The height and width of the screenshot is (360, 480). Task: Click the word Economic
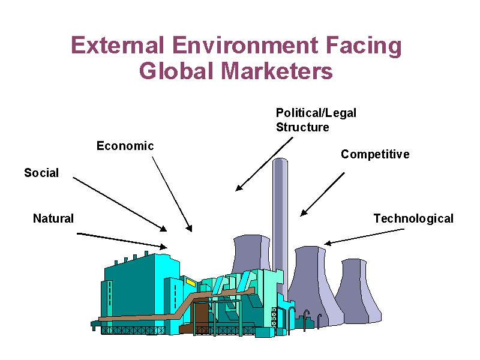(125, 146)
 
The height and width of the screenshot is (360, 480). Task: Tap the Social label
(41, 173)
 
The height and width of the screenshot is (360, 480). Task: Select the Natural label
(53, 218)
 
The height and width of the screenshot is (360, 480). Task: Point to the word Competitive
(375, 155)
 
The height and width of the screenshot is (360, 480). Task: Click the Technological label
(413, 219)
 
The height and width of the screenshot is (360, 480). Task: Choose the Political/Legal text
(316, 113)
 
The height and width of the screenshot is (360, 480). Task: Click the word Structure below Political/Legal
(302, 127)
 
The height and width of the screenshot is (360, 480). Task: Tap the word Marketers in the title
(277, 71)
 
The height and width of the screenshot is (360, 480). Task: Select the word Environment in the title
(245, 45)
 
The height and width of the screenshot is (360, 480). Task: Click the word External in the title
(117, 45)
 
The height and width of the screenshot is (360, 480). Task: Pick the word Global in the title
(176, 71)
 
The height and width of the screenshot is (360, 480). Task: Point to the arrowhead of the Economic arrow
(190, 229)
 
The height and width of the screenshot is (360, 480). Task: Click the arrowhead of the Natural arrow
(164, 247)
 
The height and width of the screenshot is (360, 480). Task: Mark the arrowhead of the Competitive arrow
(303, 213)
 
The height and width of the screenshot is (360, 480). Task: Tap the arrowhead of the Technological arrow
(327, 244)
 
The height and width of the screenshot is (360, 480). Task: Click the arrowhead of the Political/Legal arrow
(238, 188)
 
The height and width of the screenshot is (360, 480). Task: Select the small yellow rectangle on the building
(191, 282)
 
